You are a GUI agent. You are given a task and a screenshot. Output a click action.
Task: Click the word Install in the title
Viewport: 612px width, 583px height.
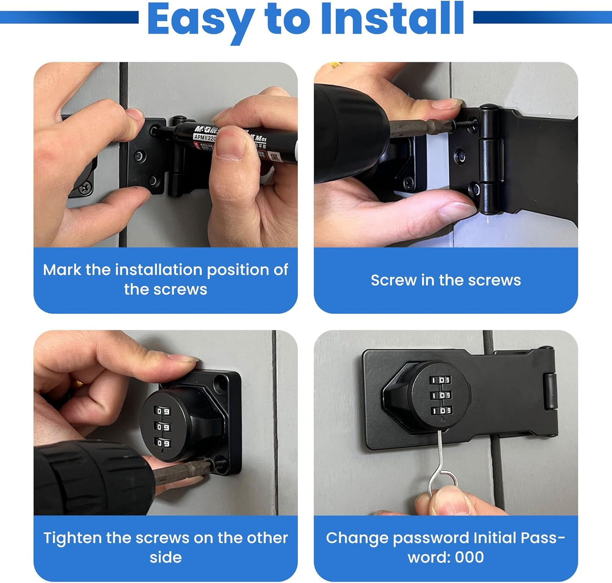pyautogui.click(x=393, y=19)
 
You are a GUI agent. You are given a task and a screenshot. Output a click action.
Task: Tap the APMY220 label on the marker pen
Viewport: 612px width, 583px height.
pyautogui.click(x=205, y=138)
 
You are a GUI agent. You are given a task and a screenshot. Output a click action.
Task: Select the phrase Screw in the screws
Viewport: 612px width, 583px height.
pyautogui.click(x=446, y=280)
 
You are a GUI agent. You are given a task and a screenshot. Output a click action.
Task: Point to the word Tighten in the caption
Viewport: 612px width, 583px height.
pyautogui.click(x=72, y=538)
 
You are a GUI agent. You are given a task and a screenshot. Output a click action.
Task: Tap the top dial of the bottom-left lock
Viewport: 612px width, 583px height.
pyautogui.click(x=163, y=411)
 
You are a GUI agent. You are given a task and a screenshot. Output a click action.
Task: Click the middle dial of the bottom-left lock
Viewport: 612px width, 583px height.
pyautogui.click(x=163, y=427)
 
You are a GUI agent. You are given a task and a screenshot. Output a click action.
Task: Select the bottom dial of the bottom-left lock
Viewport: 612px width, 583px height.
pyautogui.click(x=163, y=443)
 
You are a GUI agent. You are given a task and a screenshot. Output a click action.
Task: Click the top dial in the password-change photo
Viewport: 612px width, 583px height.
pyautogui.click(x=441, y=380)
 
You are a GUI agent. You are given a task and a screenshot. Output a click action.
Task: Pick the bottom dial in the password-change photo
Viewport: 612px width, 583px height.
pyautogui.click(x=442, y=411)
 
